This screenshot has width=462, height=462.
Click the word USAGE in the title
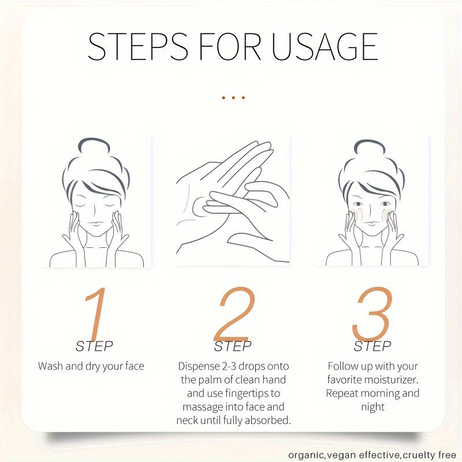click(325, 47)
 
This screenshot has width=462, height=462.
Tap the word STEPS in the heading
click(138, 47)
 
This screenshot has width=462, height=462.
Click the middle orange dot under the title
click(233, 98)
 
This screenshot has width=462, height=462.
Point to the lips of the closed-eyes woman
click(95, 223)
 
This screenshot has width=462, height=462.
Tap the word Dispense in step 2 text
click(198, 366)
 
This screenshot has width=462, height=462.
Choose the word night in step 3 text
click(372, 407)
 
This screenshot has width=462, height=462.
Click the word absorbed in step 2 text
click(267, 420)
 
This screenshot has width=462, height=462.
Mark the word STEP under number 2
click(233, 346)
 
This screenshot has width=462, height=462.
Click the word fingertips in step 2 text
click(248, 393)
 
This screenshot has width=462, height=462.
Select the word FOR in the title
click(230, 47)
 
